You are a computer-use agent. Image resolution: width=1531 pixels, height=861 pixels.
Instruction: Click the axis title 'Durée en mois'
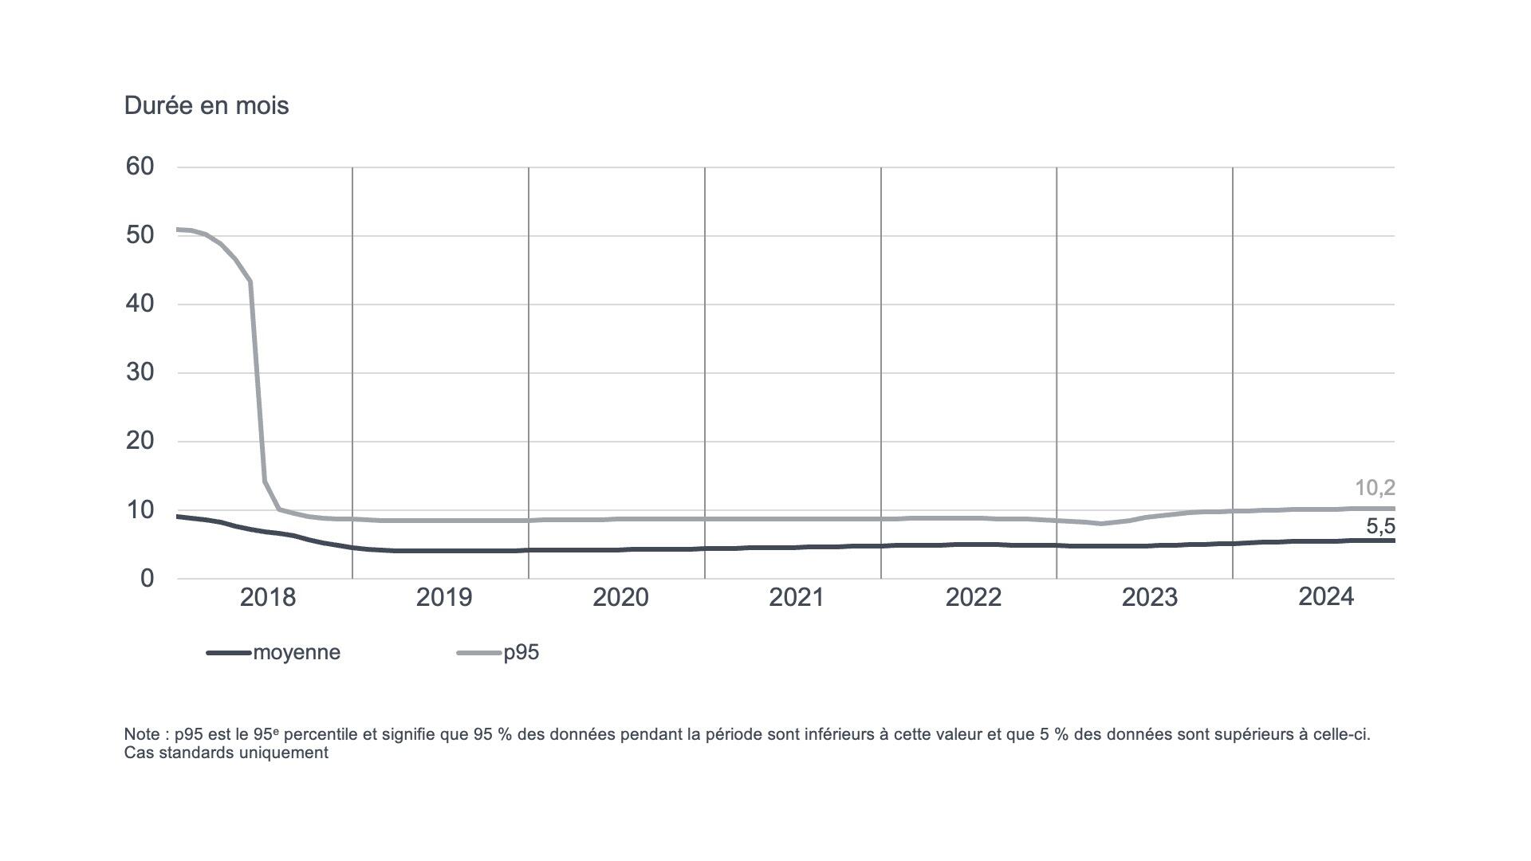206,105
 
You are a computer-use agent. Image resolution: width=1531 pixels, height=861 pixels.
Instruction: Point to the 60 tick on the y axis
140,167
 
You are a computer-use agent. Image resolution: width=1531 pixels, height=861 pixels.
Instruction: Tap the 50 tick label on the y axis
140,235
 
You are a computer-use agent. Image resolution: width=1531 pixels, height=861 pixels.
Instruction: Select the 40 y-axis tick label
140,304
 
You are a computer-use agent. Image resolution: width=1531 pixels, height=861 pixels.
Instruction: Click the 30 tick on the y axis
140,372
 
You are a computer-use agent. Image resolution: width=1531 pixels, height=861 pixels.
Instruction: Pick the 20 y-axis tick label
140,441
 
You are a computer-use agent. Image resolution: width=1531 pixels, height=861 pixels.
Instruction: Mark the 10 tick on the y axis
140,509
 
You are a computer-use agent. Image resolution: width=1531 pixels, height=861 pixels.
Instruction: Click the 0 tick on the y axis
147,578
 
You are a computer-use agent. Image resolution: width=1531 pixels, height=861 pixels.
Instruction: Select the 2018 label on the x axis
267,597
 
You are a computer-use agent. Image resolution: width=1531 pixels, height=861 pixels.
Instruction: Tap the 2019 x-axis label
443,597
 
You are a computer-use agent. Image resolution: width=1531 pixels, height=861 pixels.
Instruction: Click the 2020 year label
620,597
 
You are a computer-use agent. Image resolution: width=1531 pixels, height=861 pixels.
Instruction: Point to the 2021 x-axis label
796,597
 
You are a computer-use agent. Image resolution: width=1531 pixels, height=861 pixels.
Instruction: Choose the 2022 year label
973,597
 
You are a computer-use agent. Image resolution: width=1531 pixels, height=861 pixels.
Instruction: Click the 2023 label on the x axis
1149,597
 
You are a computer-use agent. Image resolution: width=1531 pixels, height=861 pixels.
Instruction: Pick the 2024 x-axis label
1325,596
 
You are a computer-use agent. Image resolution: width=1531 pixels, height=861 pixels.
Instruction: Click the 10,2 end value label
1375,488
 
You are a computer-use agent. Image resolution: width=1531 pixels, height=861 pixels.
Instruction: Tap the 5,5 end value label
1380,526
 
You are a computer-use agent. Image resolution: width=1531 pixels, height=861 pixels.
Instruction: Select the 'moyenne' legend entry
296,652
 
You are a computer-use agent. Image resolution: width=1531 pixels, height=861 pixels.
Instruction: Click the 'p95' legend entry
521,652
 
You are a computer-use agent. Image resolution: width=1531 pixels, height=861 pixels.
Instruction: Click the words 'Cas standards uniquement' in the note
226,753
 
